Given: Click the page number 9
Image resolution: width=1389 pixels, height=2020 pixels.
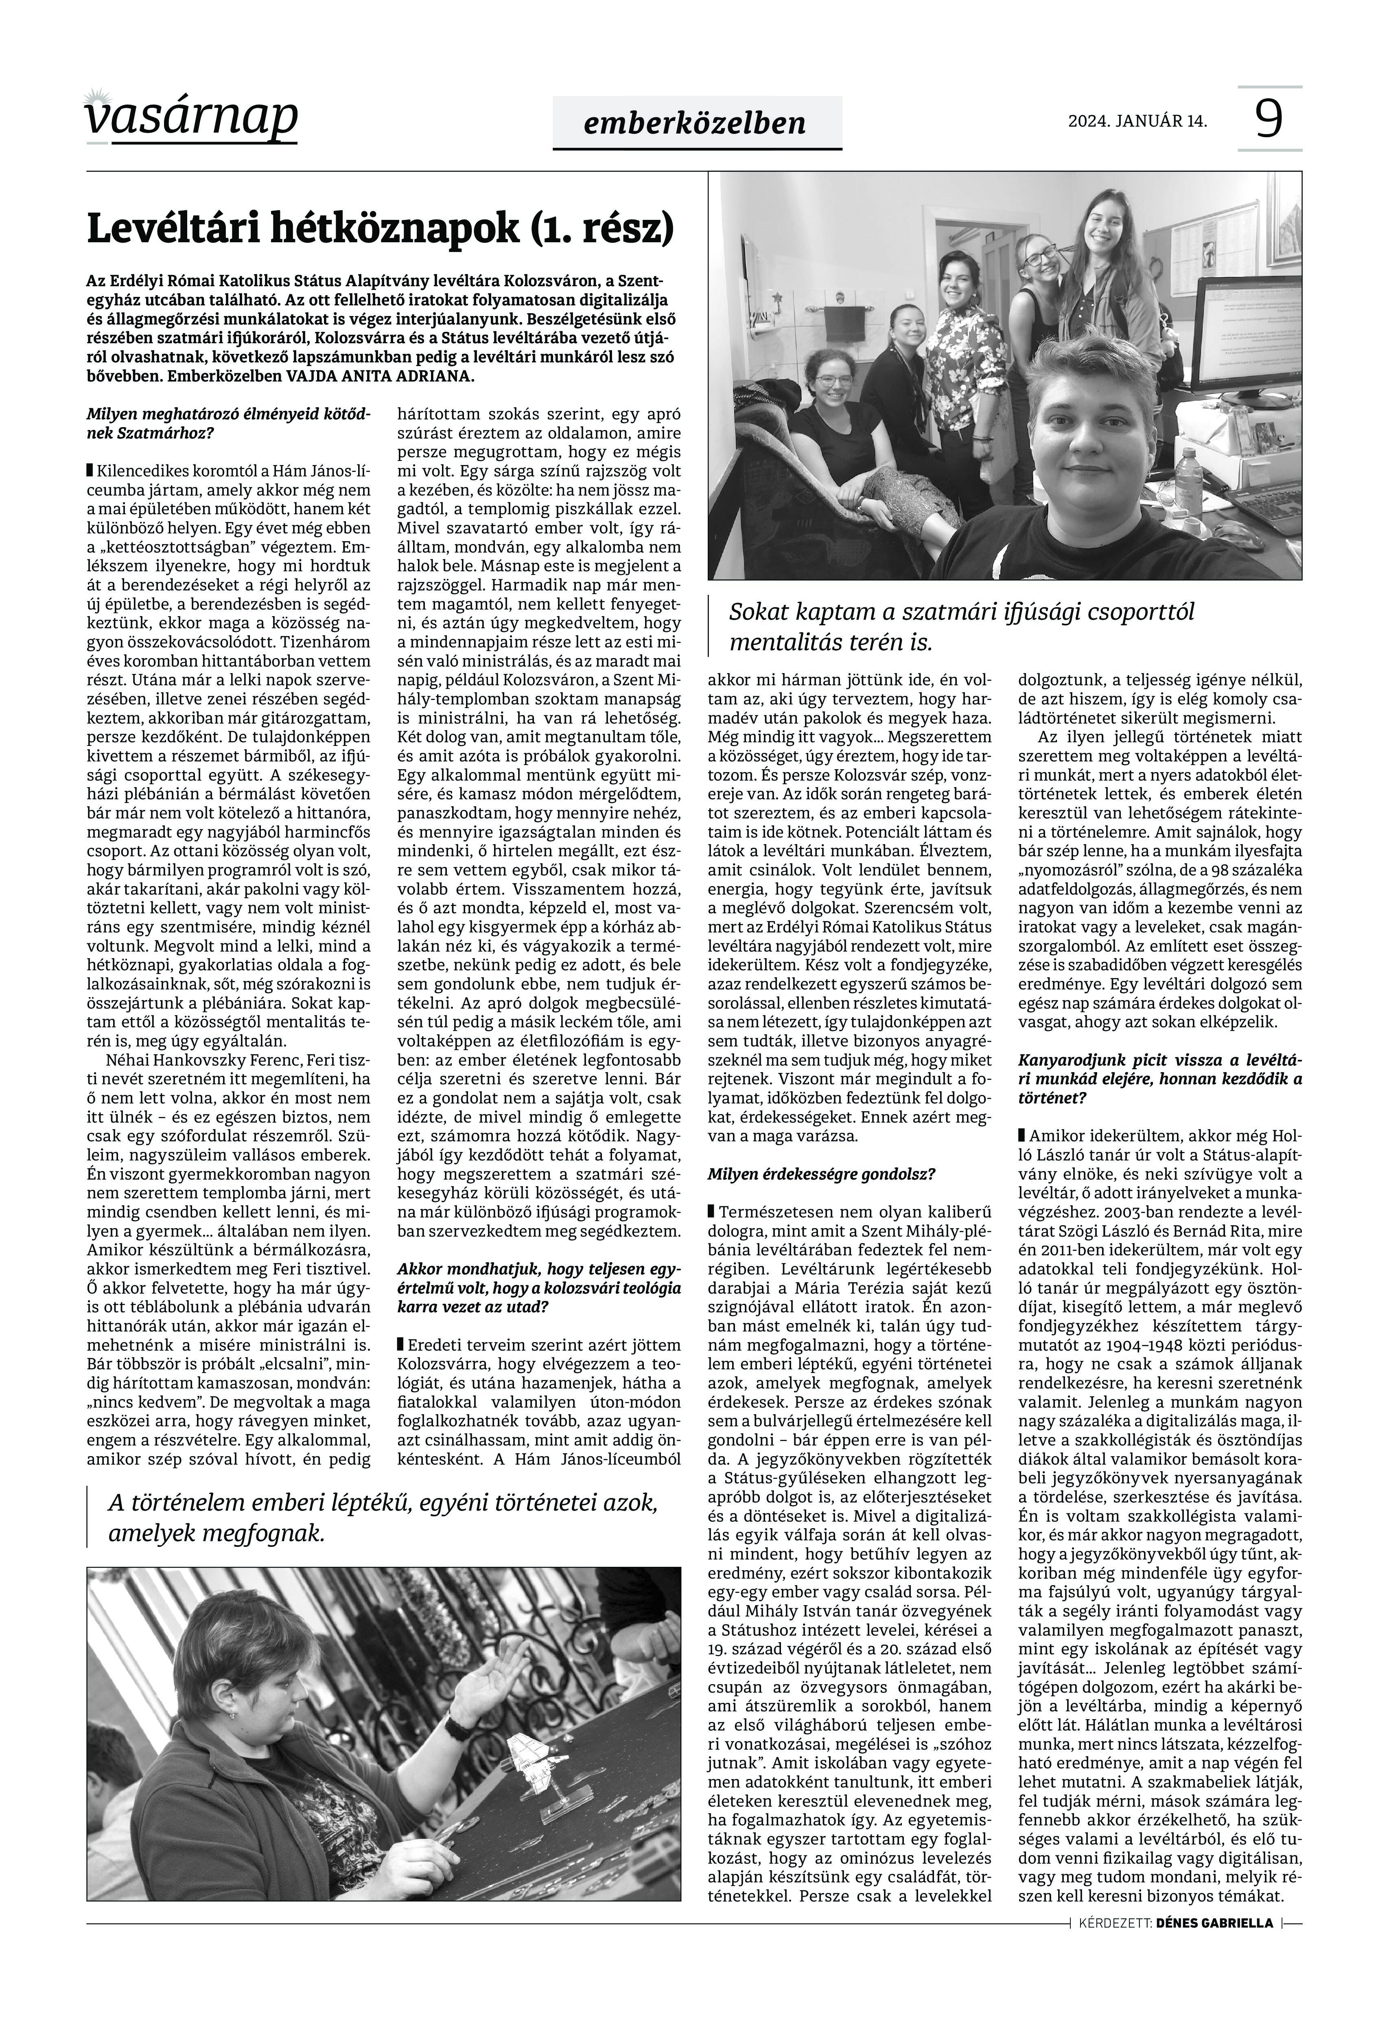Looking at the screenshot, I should (1270, 119).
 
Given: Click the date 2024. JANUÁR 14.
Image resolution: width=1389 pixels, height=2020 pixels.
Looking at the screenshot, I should (1137, 121).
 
